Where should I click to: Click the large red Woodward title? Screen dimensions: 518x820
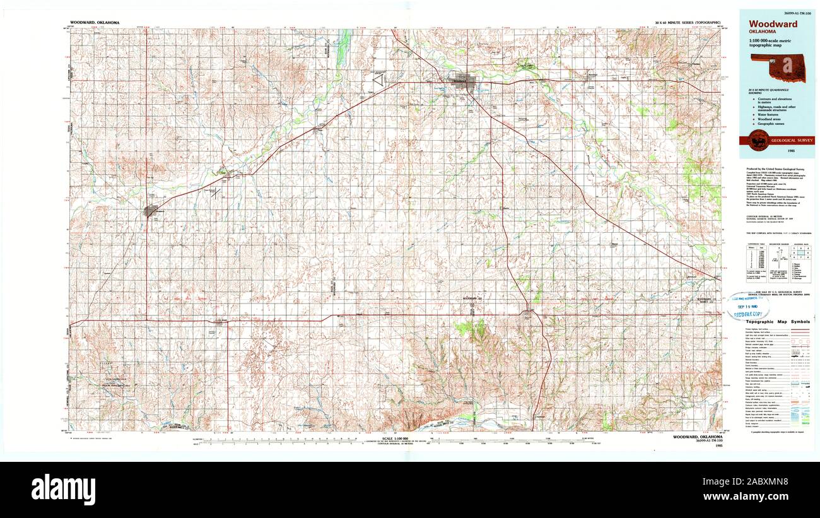tap(773, 24)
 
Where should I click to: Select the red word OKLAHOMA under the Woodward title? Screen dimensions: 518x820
tap(763, 32)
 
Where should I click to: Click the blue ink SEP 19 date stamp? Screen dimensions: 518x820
tap(747, 305)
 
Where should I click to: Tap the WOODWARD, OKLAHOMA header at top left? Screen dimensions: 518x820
tap(94, 22)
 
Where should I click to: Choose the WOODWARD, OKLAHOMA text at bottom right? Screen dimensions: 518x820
tap(698, 437)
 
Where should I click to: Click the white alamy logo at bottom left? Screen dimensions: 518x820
tap(63, 489)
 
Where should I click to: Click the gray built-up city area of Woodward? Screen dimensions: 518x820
tap(468, 83)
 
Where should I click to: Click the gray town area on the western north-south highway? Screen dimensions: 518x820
tap(151, 211)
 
